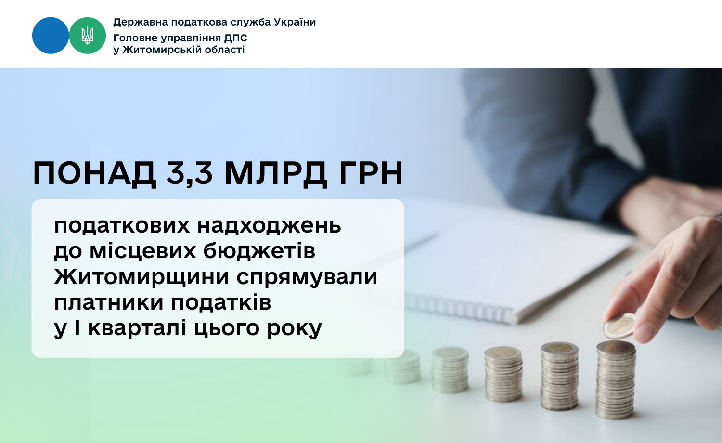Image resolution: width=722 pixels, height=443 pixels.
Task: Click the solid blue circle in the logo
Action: click(x=51, y=36)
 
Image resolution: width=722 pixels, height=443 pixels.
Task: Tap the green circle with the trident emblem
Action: click(x=87, y=36)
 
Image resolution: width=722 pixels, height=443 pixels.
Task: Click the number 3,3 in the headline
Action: click(x=190, y=173)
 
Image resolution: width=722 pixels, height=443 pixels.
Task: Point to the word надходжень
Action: click(x=269, y=226)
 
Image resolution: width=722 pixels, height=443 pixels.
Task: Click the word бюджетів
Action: click(x=259, y=250)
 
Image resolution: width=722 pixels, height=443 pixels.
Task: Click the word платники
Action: click(x=108, y=303)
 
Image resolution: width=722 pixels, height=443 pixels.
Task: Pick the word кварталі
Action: click(x=137, y=328)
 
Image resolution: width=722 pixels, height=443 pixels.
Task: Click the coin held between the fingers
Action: click(x=619, y=326)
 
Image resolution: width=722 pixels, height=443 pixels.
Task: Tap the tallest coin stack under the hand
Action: click(x=616, y=380)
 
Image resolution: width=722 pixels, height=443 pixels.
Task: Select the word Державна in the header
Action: click(x=141, y=22)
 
